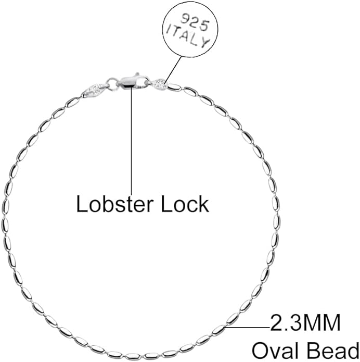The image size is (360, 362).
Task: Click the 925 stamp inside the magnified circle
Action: (195, 23)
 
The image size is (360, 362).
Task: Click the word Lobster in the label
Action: (114, 204)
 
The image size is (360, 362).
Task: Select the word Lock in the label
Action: (185, 204)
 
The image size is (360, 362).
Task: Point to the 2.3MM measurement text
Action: (305, 322)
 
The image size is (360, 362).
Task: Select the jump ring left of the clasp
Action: (112, 83)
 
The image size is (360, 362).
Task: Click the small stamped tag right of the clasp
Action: (160, 84)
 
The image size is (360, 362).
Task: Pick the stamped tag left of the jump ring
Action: (95, 90)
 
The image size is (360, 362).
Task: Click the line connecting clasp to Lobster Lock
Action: (132, 141)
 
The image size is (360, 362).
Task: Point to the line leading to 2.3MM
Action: (247, 327)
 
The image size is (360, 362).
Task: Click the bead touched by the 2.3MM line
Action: (218, 329)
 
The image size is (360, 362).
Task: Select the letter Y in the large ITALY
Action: (204, 44)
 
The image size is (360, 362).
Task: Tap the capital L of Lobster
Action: (81, 204)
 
